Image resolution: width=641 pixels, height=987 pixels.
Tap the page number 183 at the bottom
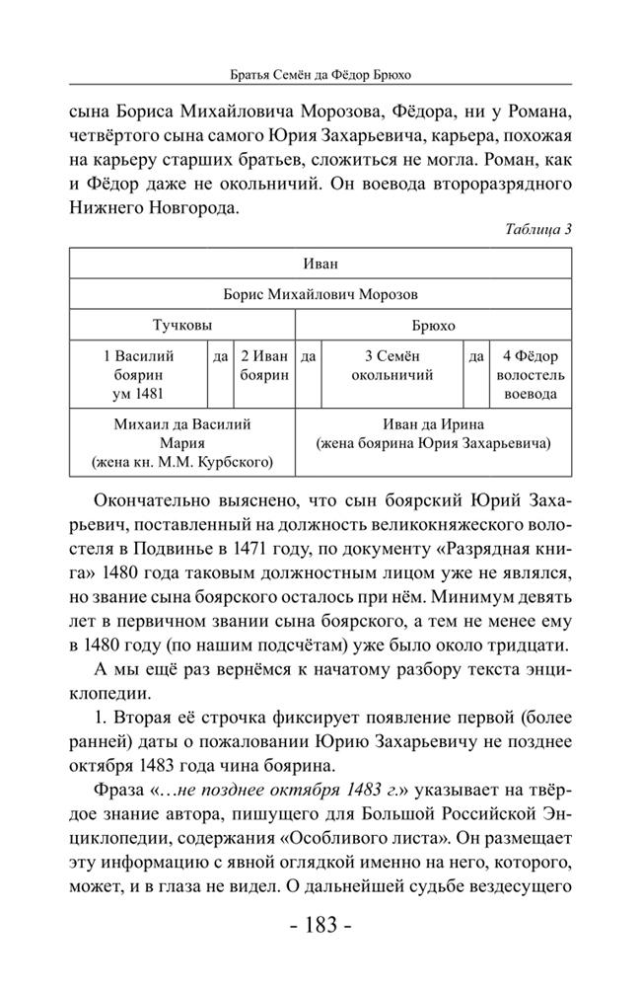pyautogui.click(x=320, y=927)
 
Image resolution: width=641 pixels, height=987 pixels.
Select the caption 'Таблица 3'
pyautogui.click(x=538, y=230)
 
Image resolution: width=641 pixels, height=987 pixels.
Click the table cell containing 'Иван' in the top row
pyautogui.click(x=320, y=265)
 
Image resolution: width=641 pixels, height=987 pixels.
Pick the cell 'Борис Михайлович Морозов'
pyautogui.click(x=320, y=294)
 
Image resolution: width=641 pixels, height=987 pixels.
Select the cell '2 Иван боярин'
pyautogui.click(x=263, y=365)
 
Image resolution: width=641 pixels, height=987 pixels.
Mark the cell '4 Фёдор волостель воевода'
pyautogui.click(x=531, y=374)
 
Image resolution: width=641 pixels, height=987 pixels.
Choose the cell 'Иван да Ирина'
pyautogui.click(x=434, y=434)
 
